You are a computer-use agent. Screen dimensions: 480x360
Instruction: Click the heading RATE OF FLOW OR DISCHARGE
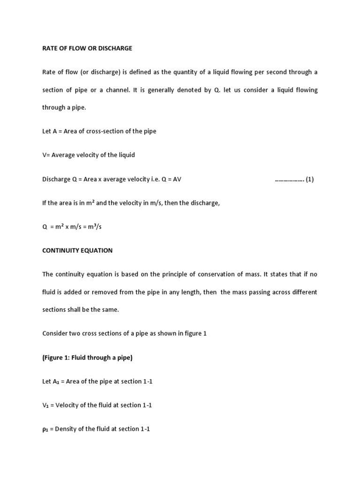87,48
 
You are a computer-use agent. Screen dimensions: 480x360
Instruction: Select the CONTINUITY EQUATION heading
77,250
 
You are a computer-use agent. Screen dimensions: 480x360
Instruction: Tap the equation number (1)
309,179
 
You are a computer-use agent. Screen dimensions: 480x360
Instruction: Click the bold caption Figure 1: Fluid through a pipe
88,358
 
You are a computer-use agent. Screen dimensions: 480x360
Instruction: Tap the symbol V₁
46,405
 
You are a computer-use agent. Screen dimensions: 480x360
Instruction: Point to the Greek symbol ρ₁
45,429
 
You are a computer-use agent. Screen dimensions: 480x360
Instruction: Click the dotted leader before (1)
289,180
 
